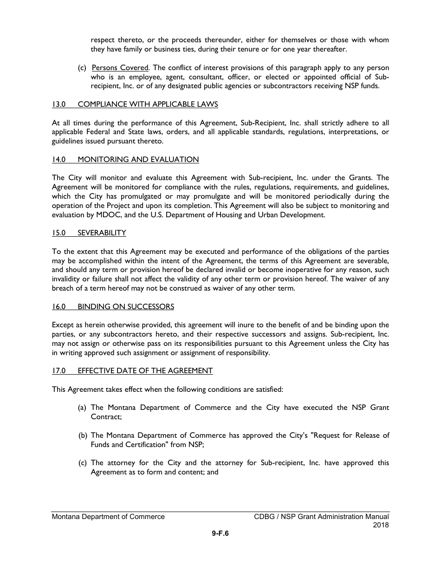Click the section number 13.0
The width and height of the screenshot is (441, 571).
pyautogui.click(x=58, y=104)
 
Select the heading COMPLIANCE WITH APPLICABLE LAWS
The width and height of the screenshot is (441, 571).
pyautogui.click(x=148, y=104)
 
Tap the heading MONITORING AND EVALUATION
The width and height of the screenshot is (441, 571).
pyautogui.click(x=138, y=160)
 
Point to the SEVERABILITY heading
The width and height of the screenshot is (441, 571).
pyautogui.click(x=102, y=233)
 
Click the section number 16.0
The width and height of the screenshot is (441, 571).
pyautogui.click(x=58, y=306)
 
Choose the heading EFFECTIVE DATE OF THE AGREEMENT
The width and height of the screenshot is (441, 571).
pyautogui.click(x=145, y=370)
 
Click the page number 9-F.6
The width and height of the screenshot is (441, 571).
pyautogui.click(x=220, y=533)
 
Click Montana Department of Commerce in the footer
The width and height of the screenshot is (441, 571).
pyautogui.click(x=108, y=517)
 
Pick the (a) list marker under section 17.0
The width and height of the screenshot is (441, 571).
pyautogui.click(x=82, y=408)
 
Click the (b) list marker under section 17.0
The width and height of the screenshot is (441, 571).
pyautogui.click(x=82, y=435)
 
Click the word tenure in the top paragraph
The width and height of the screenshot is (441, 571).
pyautogui.click(x=248, y=49)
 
